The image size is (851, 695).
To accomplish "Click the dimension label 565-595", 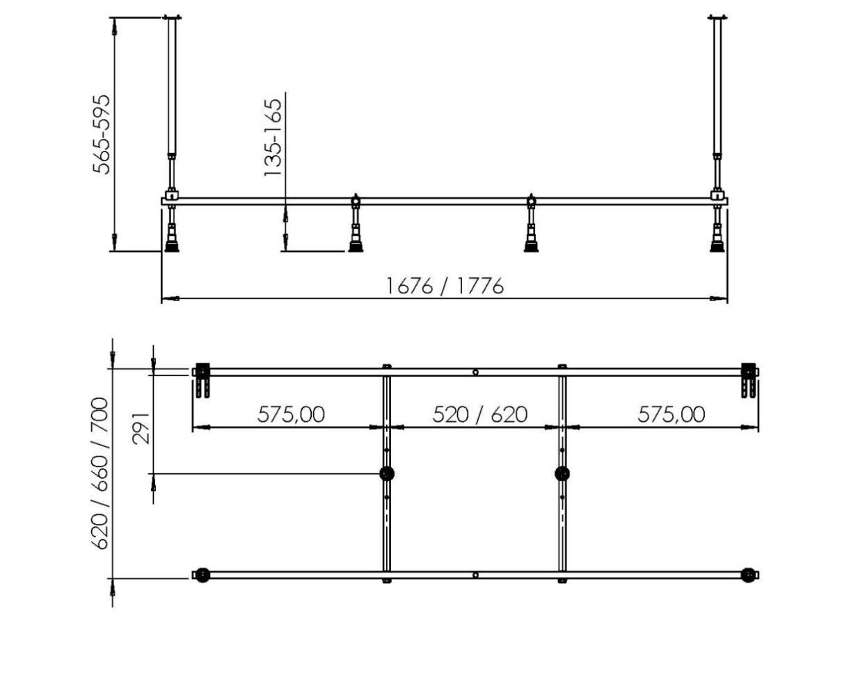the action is coord(102,134).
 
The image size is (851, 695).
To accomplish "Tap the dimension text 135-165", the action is coord(272,137).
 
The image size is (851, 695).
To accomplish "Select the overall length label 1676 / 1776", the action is coord(445,286).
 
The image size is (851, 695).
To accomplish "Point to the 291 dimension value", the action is coord(141,427).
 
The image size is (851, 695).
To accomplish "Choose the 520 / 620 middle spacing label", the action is coord(479,414).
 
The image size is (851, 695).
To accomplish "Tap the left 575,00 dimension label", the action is coord(291,414).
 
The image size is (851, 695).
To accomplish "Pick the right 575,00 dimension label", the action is coord(671,414).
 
